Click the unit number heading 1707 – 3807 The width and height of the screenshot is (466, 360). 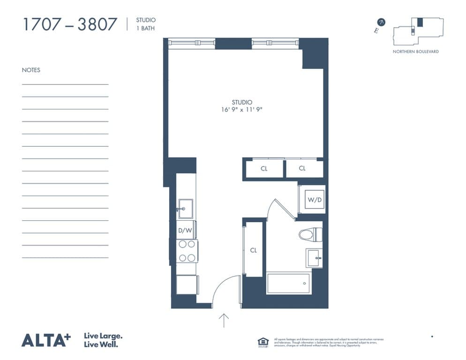pos(70,24)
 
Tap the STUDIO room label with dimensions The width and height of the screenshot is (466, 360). pos(242,106)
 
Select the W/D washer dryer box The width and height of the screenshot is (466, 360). pos(314,200)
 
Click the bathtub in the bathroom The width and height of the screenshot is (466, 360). pos(288,284)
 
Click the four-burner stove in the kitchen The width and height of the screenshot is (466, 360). pos(187,251)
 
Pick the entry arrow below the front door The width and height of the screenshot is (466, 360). pos(224,320)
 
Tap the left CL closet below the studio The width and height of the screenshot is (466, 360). pos(264,169)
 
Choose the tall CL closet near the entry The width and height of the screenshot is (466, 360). pos(253,249)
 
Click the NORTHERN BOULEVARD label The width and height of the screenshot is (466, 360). pos(415,52)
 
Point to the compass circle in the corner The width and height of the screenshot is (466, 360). pos(382,22)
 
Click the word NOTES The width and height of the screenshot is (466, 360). pos(31,70)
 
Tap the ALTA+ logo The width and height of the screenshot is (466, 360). pos(45,340)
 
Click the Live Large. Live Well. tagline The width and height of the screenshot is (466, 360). pos(103,340)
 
